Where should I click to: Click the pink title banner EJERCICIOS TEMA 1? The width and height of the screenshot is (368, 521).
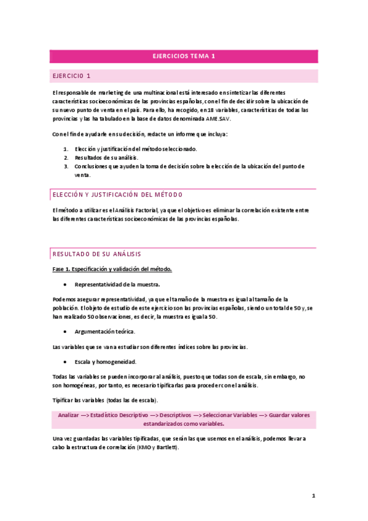tap(184, 56)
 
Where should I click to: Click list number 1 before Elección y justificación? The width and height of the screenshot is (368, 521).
tap(66, 149)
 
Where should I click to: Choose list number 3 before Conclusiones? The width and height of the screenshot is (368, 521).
tap(66, 166)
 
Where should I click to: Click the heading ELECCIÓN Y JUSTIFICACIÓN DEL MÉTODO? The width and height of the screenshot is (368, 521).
tap(117, 195)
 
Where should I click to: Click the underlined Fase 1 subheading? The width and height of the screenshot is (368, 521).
tap(112, 269)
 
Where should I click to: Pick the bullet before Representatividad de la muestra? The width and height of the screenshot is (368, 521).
tap(65, 284)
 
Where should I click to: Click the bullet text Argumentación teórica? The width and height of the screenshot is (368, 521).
tap(105, 332)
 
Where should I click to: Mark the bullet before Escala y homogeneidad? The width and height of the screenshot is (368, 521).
tap(65, 362)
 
